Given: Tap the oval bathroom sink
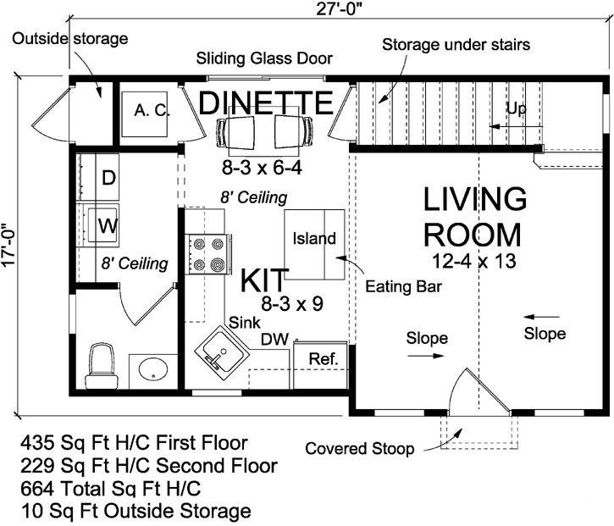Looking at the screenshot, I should (x=152, y=369).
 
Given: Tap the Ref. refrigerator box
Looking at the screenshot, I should (x=322, y=358).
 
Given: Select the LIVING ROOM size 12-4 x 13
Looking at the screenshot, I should (x=473, y=259).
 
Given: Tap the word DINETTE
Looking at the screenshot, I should (x=264, y=103).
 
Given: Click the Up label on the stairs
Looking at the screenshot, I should (x=516, y=108).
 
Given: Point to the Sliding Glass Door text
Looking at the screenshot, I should (x=264, y=58).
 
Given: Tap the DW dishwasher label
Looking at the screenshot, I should (x=272, y=339).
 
